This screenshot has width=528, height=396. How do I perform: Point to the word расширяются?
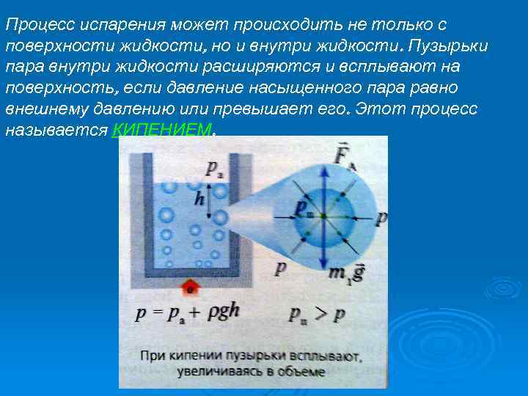[x=231, y=67]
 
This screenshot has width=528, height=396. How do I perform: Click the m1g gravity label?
[x=345, y=273]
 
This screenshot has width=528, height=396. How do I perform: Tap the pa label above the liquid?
[x=214, y=168]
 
